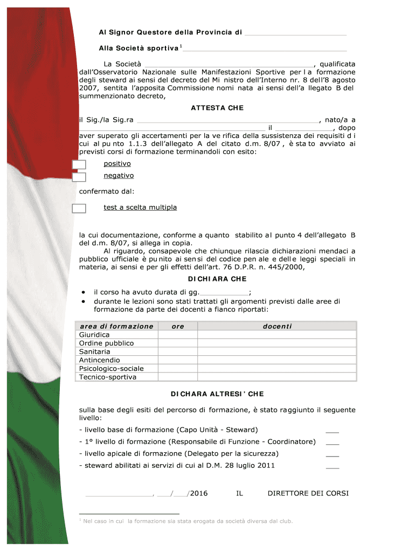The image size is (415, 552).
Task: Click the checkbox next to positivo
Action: [x=79, y=165]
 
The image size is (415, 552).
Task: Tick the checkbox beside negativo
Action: [x=79, y=177]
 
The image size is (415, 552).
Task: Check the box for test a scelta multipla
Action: [x=79, y=209]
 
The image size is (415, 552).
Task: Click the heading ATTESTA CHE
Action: [x=217, y=108]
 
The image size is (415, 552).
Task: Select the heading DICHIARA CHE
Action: [x=217, y=279]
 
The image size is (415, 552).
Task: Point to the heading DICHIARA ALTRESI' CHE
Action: [x=217, y=394]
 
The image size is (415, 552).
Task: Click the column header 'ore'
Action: [x=178, y=327]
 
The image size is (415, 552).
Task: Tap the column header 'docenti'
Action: [x=277, y=327]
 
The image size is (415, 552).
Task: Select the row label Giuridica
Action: [x=94, y=335]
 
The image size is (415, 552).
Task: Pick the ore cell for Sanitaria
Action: [x=178, y=351]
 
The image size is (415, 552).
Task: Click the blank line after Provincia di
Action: [x=295, y=33]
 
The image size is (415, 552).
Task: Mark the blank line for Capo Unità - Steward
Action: [x=333, y=431]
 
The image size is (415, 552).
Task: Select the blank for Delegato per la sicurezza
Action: [x=333, y=454]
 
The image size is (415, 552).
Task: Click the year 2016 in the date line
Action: [x=199, y=493]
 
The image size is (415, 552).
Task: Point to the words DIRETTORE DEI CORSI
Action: [x=308, y=493]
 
